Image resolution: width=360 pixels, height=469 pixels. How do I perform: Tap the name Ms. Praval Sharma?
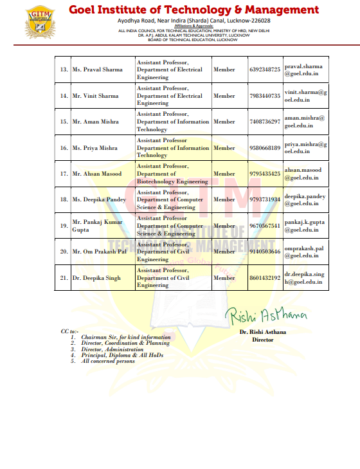click(97, 69)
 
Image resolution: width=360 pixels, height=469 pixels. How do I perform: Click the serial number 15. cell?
click(64, 122)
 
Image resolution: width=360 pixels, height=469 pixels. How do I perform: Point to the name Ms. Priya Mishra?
click(95, 148)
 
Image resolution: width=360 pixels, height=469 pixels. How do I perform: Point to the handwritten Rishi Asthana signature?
click(265, 315)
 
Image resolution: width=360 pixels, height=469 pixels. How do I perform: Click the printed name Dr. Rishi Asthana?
click(262, 332)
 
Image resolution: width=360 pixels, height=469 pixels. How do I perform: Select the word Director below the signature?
click(262, 340)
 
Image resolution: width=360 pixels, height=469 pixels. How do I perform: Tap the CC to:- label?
click(69, 331)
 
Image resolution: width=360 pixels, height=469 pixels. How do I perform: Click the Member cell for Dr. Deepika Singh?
click(224, 278)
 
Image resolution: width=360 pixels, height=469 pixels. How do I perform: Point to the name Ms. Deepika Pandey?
click(99, 199)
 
